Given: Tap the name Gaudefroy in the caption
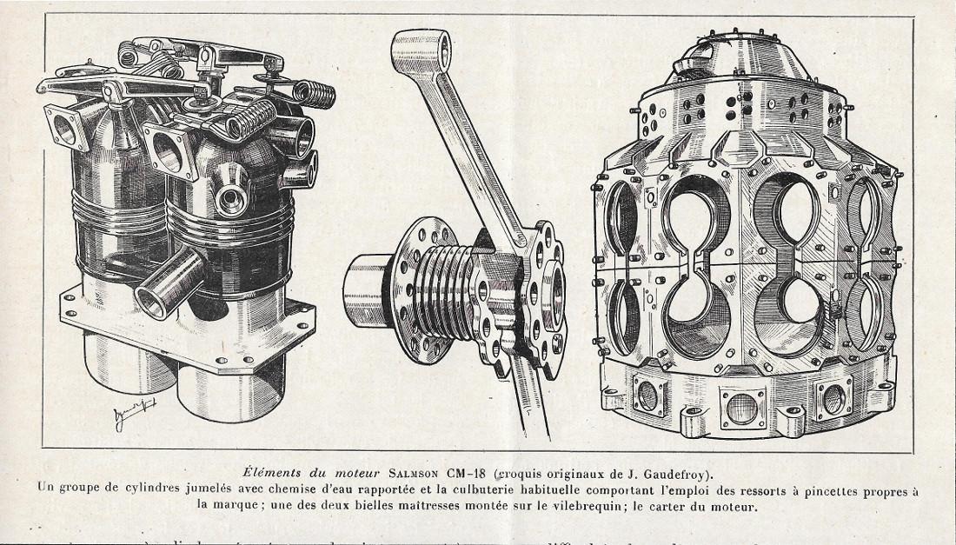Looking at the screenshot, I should [x=681, y=474].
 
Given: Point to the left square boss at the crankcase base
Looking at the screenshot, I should [x=648, y=395].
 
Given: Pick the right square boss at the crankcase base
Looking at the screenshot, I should [x=832, y=398].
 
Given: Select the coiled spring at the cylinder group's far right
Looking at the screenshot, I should [x=314, y=90].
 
